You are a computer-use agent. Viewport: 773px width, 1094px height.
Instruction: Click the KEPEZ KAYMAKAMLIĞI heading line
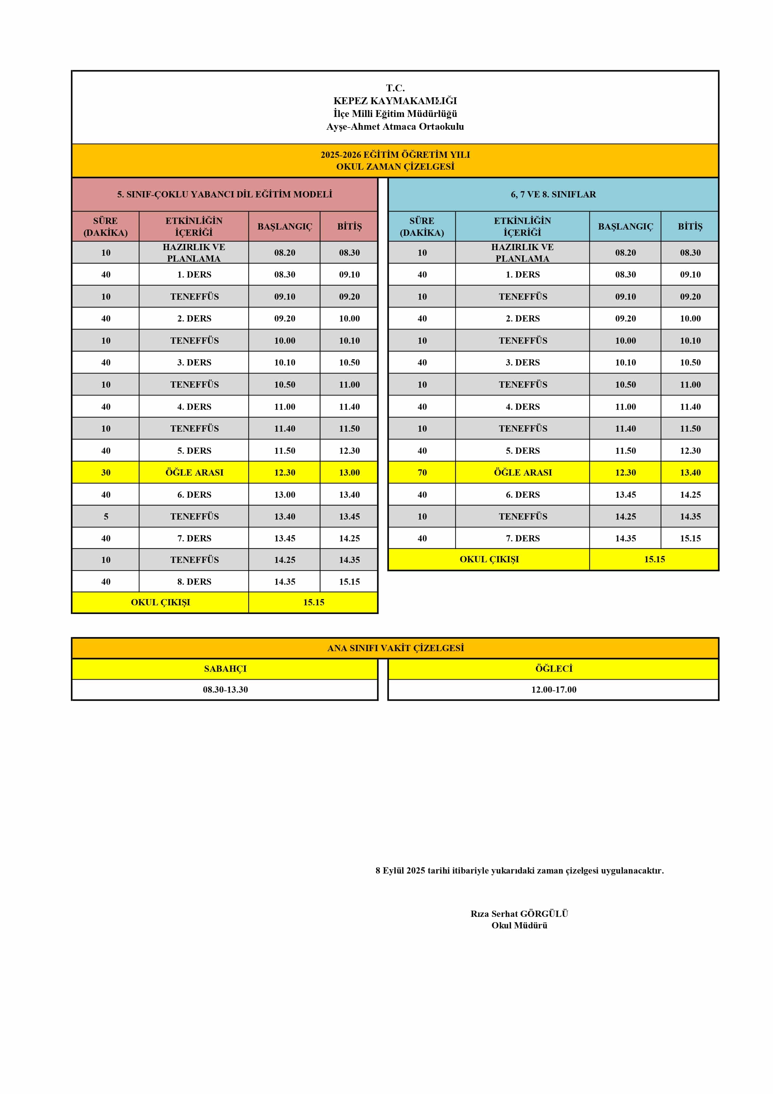395,100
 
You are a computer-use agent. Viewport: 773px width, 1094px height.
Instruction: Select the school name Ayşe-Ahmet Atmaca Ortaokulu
395,126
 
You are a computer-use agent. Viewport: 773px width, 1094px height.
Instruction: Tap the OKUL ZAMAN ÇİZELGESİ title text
395,166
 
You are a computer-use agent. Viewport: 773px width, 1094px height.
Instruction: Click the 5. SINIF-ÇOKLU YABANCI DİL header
224,194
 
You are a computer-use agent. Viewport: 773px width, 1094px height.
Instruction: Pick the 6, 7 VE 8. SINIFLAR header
553,194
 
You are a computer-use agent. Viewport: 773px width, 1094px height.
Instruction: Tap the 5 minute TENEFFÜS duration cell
106,516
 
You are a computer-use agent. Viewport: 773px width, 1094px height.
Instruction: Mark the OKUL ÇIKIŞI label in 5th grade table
161,602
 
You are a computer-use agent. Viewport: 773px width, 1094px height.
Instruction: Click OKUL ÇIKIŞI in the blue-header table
489,559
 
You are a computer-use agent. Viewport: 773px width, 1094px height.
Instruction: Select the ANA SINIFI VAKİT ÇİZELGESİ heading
395,648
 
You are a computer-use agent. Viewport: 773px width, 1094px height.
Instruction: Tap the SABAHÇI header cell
225,669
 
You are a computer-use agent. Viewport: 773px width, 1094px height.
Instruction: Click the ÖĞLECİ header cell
554,669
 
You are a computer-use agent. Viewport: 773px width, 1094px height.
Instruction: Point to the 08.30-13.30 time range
225,690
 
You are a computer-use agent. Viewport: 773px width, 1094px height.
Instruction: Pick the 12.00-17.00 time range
554,690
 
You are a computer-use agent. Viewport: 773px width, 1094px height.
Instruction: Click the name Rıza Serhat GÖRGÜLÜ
519,913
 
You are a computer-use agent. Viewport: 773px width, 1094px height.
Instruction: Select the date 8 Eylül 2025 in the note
400,870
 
